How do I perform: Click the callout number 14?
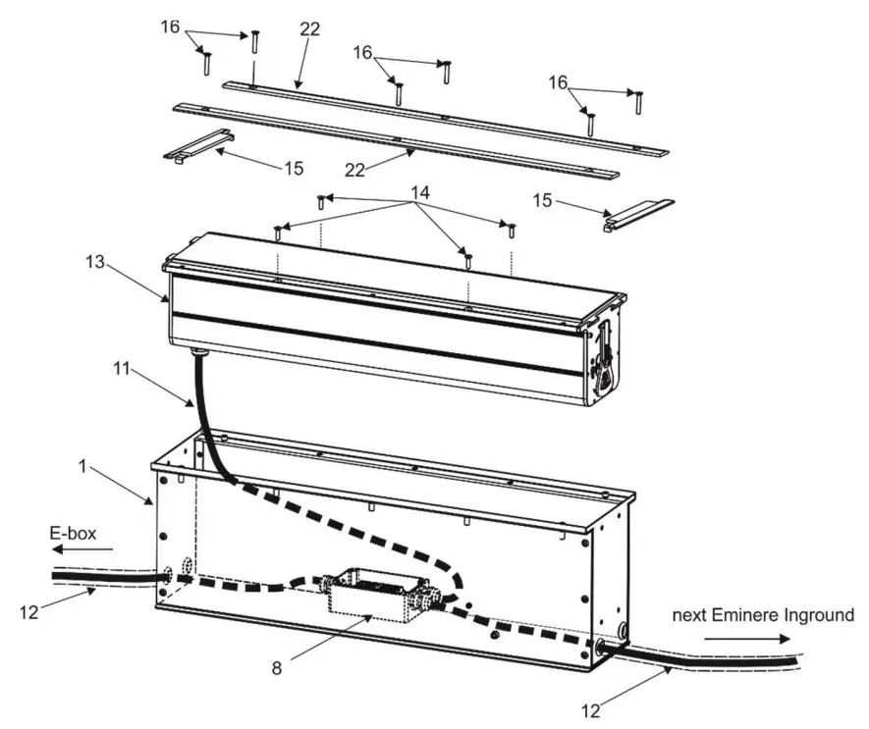(x=421, y=194)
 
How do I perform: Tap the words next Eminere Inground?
(x=763, y=615)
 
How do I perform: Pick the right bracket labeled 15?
(x=637, y=213)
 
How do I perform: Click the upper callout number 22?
(x=310, y=30)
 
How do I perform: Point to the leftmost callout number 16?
(x=170, y=26)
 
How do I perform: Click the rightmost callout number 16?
(x=558, y=84)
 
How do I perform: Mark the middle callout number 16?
(x=363, y=52)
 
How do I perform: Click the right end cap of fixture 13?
(x=605, y=351)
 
